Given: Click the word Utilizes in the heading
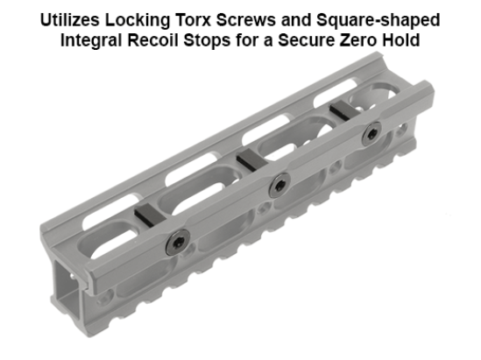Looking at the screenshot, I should click(81, 19).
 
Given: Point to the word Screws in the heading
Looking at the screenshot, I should click(258, 19).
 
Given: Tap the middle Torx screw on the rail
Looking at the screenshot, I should click(279, 183).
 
